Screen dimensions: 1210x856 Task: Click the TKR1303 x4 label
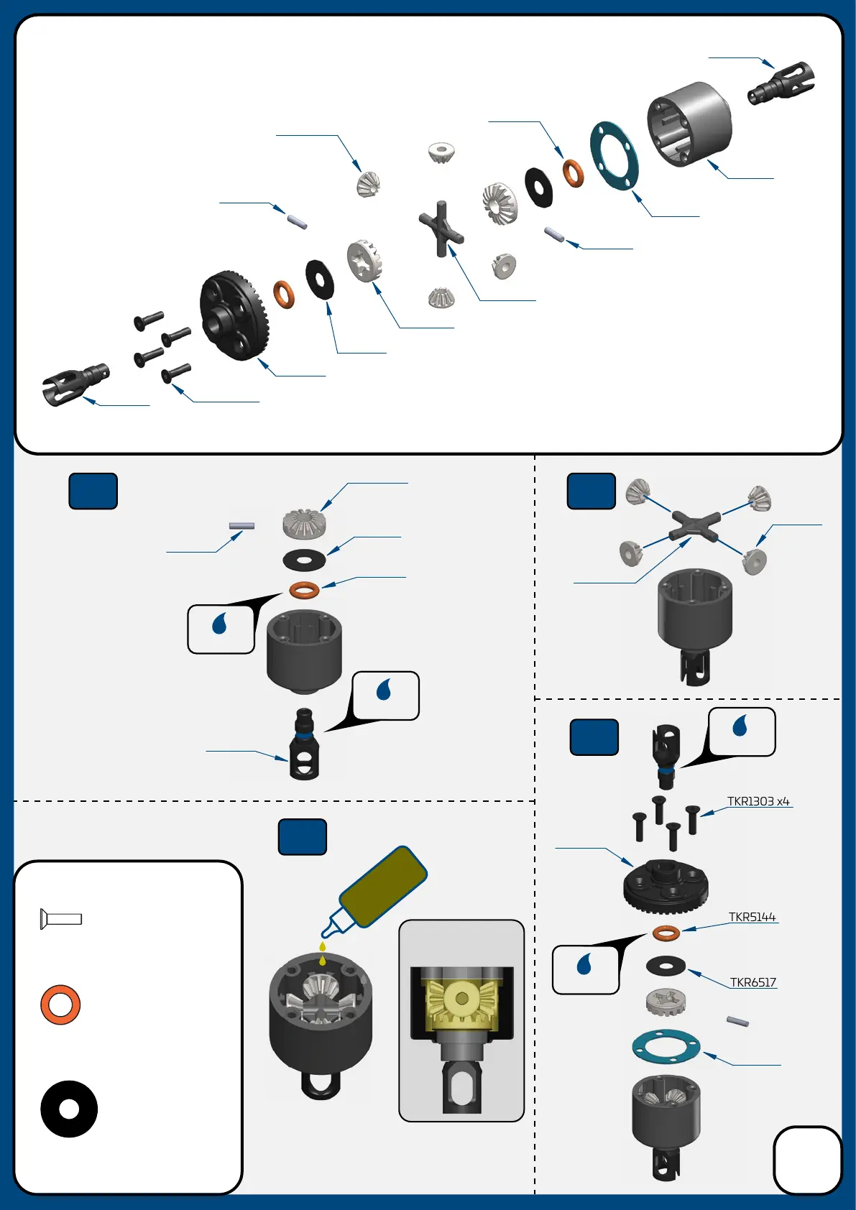[x=758, y=801]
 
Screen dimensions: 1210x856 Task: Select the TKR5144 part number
[x=752, y=917]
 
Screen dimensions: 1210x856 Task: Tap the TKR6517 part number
[x=753, y=982]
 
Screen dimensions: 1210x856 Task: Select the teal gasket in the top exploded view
[x=615, y=156]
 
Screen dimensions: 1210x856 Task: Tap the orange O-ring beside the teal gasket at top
[x=573, y=172]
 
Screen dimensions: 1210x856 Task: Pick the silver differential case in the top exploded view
[x=689, y=124]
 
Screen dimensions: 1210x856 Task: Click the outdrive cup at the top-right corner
[x=782, y=82]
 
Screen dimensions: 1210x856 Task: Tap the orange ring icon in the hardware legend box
[x=60, y=1005]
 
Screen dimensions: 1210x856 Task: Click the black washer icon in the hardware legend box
[x=69, y=1109]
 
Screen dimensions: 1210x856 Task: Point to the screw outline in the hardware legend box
[x=61, y=919]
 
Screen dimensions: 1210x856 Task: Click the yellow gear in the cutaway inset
[x=461, y=999]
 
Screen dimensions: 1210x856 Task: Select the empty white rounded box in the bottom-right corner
[x=807, y=1159]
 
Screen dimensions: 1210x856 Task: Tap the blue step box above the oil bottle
[x=303, y=837]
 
